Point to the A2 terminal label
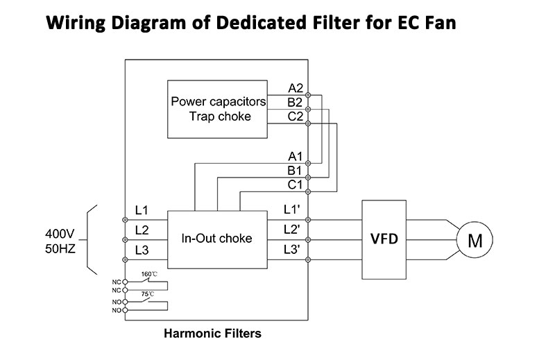(x=296, y=88)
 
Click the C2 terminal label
(x=296, y=117)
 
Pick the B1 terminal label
(x=294, y=171)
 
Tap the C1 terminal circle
(x=308, y=191)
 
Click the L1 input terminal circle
(x=125, y=220)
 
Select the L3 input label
(x=142, y=250)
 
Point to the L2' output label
(x=291, y=230)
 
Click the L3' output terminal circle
(x=308, y=260)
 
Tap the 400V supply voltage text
(x=60, y=234)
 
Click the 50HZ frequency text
(x=60, y=249)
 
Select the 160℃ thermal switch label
(x=149, y=274)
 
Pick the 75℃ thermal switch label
(x=148, y=294)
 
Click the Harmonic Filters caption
(x=212, y=333)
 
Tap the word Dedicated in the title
(x=262, y=22)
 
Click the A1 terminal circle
(x=308, y=163)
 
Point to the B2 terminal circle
(x=308, y=110)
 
